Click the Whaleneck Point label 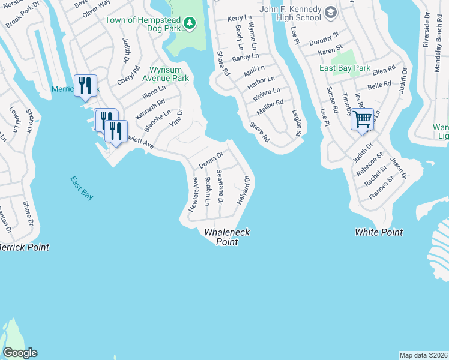(227, 237)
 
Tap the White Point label (379, 232)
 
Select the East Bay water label (81, 188)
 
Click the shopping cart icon (362, 119)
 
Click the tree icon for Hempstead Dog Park (190, 23)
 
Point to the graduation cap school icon (331, 13)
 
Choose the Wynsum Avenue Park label (165, 74)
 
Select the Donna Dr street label (211, 160)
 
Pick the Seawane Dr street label (220, 187)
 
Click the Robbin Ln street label (206, 191)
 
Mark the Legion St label (296, 122)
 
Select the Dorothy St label (324, 41)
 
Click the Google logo (20, 353)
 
